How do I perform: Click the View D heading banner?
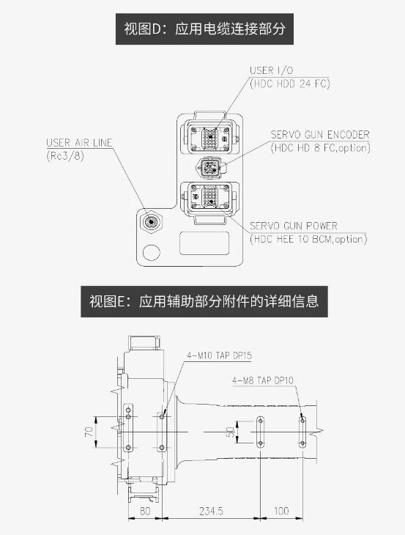[x=204, y=29]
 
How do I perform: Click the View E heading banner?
[x=204, y=302]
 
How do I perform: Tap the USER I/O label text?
[x=272, y=70]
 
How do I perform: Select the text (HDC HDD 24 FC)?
[x=290, y=84]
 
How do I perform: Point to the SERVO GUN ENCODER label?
[x=320, y=135]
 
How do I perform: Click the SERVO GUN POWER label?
[x=294, y=226]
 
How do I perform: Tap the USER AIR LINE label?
[x=79, y=143]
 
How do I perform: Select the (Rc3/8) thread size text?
[x=65, y=156]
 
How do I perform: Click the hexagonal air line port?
[x=151, y=222]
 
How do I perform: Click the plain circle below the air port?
[x=152, y=253]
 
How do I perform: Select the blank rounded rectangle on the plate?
[x=204, y=243]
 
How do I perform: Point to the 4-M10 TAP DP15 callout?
[x=219, y=355]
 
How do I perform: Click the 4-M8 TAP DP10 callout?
[x=263, y=380]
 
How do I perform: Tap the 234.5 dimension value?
[x=211, y=511]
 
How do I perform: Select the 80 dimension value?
[x=145, y=511]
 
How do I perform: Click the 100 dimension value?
[x=281, y=511]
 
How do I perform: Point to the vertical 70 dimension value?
[x=89, y=432]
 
